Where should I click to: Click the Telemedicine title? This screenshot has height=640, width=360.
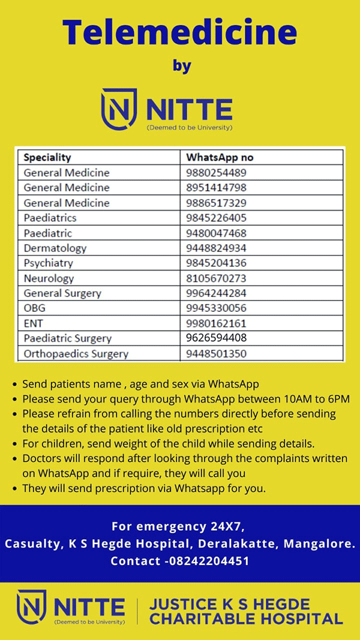coord(180,32)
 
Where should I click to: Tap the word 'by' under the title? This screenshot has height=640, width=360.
coord(182,65)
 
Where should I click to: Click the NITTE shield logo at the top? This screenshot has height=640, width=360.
coord(118,109)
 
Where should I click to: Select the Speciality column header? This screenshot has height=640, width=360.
coord(47,158)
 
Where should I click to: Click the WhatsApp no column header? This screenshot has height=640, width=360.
coord(220,158)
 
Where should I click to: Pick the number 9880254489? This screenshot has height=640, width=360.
coord(216,173)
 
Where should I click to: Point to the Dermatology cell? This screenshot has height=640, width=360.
coord(55,248)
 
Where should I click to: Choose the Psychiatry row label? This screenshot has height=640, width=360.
coord(49,263)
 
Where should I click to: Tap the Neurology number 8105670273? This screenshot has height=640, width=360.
coord(216,278)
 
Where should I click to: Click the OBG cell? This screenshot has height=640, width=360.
coord(35,308)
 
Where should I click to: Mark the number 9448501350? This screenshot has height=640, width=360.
coord(216,354)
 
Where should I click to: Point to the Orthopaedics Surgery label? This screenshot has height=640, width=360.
coord(76,354)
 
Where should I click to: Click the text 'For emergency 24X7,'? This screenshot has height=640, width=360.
coord(178,527)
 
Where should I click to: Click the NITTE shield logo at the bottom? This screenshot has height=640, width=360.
coord(31,607)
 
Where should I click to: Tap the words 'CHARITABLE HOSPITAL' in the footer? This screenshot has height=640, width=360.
coord(246,619)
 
